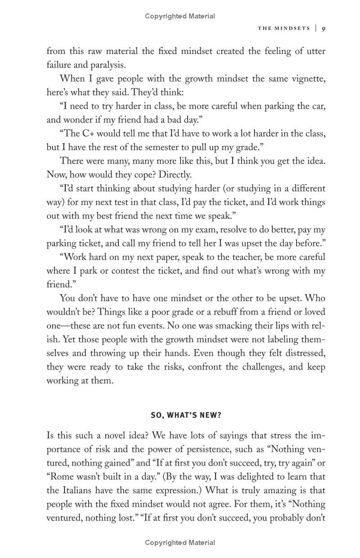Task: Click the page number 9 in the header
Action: pyautogui.click(x=324, y=28)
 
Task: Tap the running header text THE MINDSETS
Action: pyautogui.click(x=283, y=28)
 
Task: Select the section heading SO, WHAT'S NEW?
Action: pyautogui.click(x=186, y=415)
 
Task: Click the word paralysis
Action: pyautogui.click(x=109, y=65)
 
